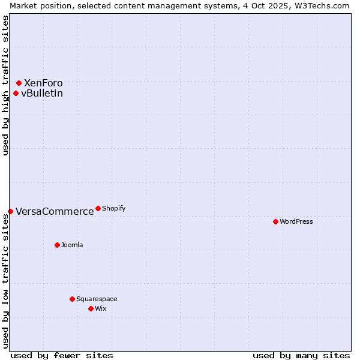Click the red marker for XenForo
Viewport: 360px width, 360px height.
pos(19,83)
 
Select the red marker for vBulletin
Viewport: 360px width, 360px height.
pos(16,93)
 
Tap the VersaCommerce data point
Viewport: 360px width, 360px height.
pos(10,211)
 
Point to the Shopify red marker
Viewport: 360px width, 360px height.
pos(98,208)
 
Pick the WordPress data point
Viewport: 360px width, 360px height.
pos(275,221)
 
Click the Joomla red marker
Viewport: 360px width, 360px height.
pos(57,245)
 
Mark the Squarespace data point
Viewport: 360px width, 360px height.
pos(72,299)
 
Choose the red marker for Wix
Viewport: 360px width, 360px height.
pos(91,308)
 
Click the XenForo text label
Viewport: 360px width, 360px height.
pos(43,83)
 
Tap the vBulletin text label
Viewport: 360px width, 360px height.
pos(42,93)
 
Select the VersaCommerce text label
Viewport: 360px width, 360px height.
pos(55,211)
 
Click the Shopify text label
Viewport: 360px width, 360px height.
pos(114,208)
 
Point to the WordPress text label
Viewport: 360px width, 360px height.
pos(296,221)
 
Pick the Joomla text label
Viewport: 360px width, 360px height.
pos(72,245)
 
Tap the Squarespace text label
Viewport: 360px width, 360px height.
pos(97,299)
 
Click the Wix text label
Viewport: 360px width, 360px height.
pos(100,308)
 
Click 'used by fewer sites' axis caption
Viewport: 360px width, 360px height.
pos(62,355)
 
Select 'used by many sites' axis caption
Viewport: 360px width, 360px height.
pos(301,355)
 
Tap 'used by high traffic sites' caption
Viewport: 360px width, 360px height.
pos(5,85)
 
